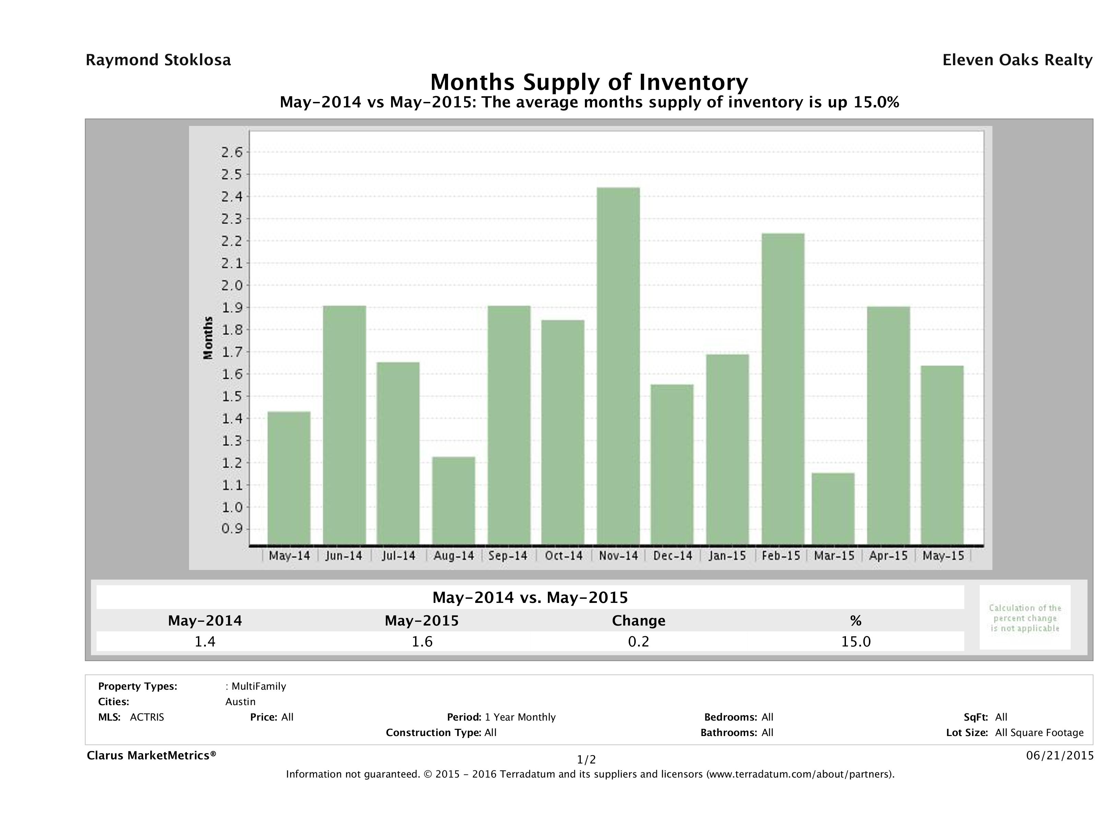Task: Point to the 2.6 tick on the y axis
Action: click(x=232, y=152)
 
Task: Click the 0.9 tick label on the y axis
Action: click(x=232, y=529)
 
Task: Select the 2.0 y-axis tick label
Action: click(x=232, y=285)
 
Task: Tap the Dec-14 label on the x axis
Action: click(x=673, y=556)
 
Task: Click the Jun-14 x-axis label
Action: click(x=343, y=556)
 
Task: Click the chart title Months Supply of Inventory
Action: click(x=589, y=82)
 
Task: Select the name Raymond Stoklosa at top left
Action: click(x=158, y=60)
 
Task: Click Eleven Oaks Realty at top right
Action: click(x=1017, y=60)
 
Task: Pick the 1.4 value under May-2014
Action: click(x=205, y=641)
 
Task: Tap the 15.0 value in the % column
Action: click(x=856, y=641)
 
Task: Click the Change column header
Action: click(x=639, y=621)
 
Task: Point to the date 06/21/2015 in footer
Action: click(x=1059, y=755)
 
